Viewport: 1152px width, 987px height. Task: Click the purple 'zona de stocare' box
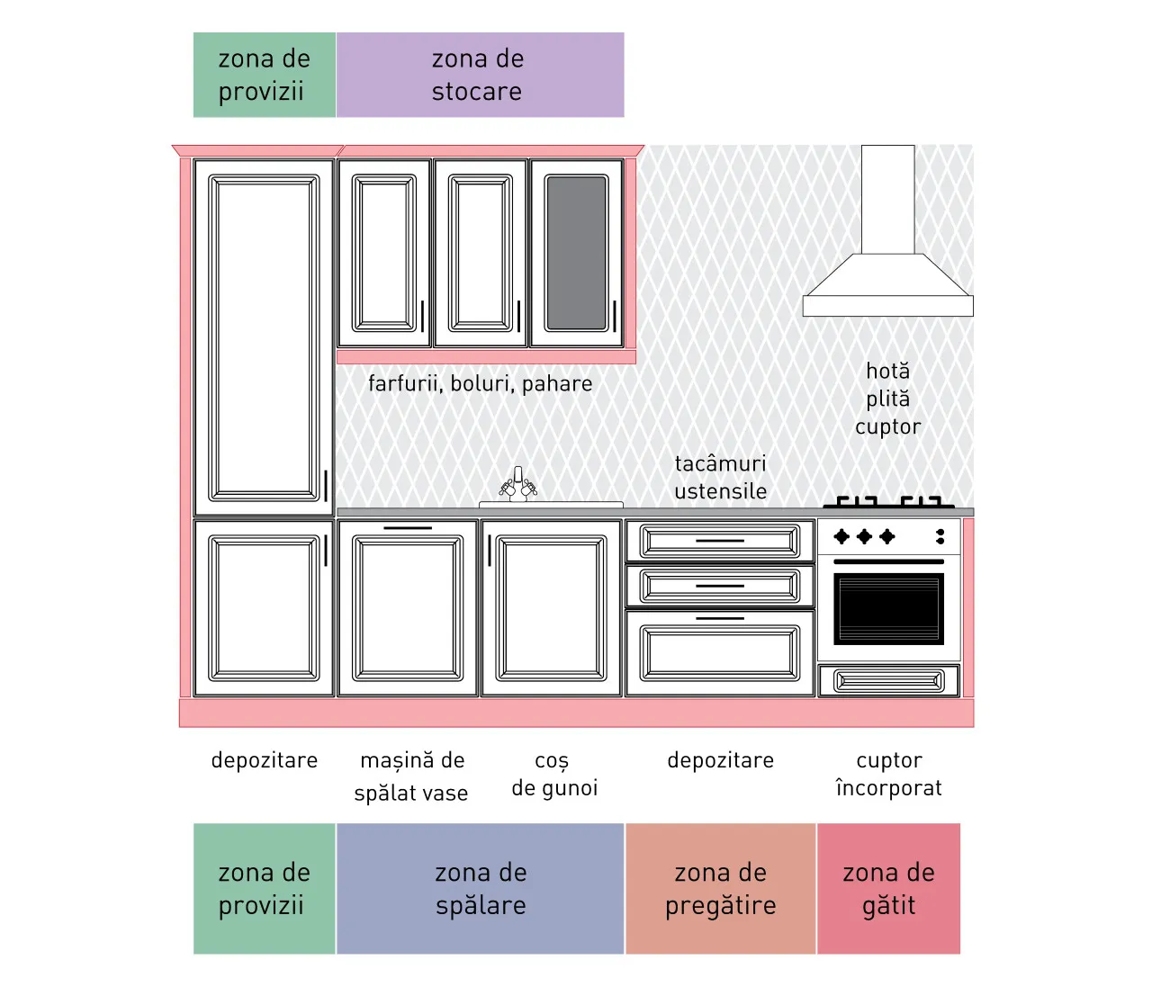click(480, 75)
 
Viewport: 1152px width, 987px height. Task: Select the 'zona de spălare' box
click(480, 888)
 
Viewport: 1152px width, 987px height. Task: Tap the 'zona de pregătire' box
click(721, 888)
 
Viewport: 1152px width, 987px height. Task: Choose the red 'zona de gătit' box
click(889, 888)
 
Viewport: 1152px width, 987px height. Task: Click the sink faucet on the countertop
click(518, 485)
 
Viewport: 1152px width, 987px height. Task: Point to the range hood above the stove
click(887, 230)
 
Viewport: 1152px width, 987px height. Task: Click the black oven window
click(889, 608)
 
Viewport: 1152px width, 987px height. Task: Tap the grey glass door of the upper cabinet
click(577, 253)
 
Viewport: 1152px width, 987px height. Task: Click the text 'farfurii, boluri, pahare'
click(480, 383)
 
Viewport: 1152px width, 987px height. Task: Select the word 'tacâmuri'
click(721, 463)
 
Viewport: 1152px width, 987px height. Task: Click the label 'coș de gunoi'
click(554, 774)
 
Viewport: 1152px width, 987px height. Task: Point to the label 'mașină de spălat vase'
click(412, 776)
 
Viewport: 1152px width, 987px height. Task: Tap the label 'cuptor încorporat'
click(889, 774)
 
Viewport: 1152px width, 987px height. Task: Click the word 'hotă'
click(887, 371)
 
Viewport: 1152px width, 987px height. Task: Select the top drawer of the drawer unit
click(720, 541)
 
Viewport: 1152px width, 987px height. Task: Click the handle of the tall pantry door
click(326, 486)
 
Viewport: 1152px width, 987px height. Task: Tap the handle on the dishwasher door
click(408, 528)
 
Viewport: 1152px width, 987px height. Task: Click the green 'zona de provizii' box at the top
click(265, 75)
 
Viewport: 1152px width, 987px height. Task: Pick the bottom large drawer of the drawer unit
click(720, 653)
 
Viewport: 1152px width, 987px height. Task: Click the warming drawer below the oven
click(889, 680)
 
